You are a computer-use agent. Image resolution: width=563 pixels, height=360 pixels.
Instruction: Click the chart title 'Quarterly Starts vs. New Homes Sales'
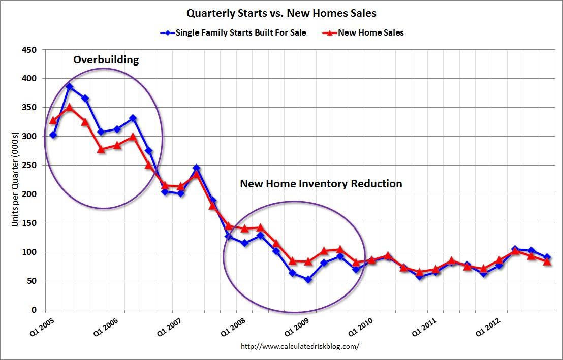tap(281, 13)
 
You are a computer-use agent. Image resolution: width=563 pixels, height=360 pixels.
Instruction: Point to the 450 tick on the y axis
tap(30, 50)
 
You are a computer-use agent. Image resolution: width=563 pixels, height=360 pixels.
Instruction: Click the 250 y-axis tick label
tap(30, 166)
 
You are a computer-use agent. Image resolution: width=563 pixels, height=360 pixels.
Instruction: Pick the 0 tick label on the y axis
tap(34, 310)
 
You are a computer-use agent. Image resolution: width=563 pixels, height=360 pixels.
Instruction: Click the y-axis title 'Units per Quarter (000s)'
tap(15, 179)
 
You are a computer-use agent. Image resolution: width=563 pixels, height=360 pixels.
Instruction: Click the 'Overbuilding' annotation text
tap(106, 60)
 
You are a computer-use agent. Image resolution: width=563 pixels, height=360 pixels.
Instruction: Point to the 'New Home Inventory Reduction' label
tap(321, 184)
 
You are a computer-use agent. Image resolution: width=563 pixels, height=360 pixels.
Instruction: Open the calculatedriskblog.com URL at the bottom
tap(300, 346)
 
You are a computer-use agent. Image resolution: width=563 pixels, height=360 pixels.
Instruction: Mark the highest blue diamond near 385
tap(69, 87)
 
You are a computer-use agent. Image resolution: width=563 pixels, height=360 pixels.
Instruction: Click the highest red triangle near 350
tap(69, 107)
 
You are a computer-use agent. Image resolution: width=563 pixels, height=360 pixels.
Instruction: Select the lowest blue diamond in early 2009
tap(308, 279)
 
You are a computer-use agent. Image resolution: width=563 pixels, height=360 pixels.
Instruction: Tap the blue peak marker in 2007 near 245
tap(197, 168)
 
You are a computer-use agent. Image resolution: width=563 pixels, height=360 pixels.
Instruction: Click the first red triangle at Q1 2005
tap(53, 120)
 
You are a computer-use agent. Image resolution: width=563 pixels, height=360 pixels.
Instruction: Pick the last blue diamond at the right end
tap(547, 257)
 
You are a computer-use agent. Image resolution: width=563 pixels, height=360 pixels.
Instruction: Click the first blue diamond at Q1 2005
tap(53, 135)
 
